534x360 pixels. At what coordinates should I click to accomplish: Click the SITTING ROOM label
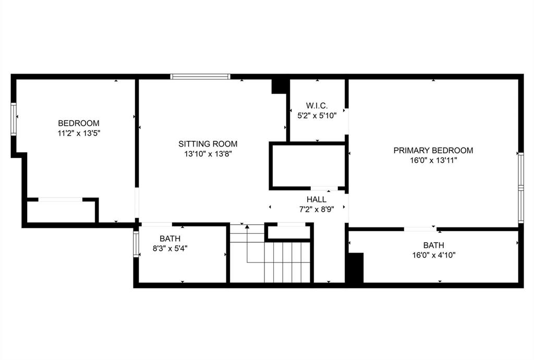(x=208, y=143)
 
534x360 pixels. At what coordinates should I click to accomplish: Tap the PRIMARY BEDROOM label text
(x=433, y=150)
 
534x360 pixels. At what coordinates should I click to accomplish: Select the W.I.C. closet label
(x=317, y=106)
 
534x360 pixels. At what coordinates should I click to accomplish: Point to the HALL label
(x=317, y=199)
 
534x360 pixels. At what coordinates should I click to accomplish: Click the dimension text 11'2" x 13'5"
(x=79, y=133)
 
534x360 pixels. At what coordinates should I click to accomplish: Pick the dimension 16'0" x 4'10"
(x=433, y=255)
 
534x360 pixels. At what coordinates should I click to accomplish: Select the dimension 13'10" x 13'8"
(x=208, y=154)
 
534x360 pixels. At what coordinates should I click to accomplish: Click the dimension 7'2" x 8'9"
(x=317, y=209)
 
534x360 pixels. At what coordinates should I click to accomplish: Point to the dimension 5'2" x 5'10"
(x=317, y=116)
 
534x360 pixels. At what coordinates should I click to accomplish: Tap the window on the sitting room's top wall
(x=200, y=77)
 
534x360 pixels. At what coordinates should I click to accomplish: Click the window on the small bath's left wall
(x=136, y=244)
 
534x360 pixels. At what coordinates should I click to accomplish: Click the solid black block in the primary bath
(x=355, y=268)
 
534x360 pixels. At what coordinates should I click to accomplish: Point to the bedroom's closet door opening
(x=60, y=199)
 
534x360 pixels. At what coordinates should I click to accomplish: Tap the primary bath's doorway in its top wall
(x=420, y=229)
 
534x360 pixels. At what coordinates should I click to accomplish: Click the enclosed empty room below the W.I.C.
(x=308, y=166)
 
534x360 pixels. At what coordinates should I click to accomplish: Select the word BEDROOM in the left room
(x=79, y=123)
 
